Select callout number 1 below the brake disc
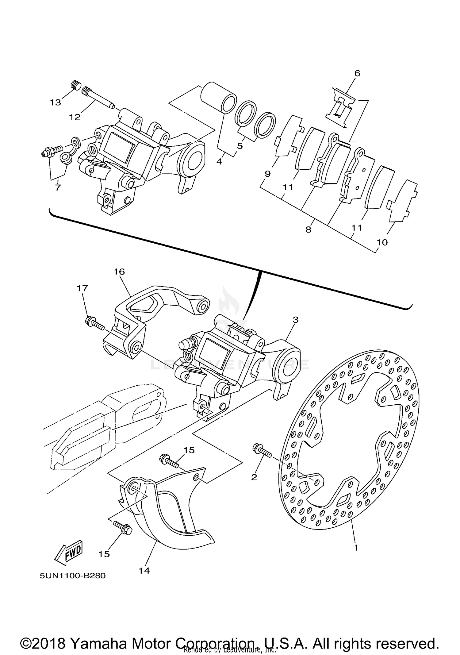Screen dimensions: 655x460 [356, 547]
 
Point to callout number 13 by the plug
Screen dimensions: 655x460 [56, 102]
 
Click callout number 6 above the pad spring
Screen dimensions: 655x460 [357, 73]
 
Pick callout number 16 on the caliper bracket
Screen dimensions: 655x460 [119, 272]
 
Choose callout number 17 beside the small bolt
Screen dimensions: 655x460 [82, 288]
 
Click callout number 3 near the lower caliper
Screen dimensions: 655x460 [295, 320]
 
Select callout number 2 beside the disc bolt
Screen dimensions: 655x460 [254, 477]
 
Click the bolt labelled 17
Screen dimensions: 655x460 [95, 324]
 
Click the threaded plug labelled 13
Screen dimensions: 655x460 [75, 84]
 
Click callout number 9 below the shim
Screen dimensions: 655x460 [268, 174]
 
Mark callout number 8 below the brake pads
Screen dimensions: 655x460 [308, 229]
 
